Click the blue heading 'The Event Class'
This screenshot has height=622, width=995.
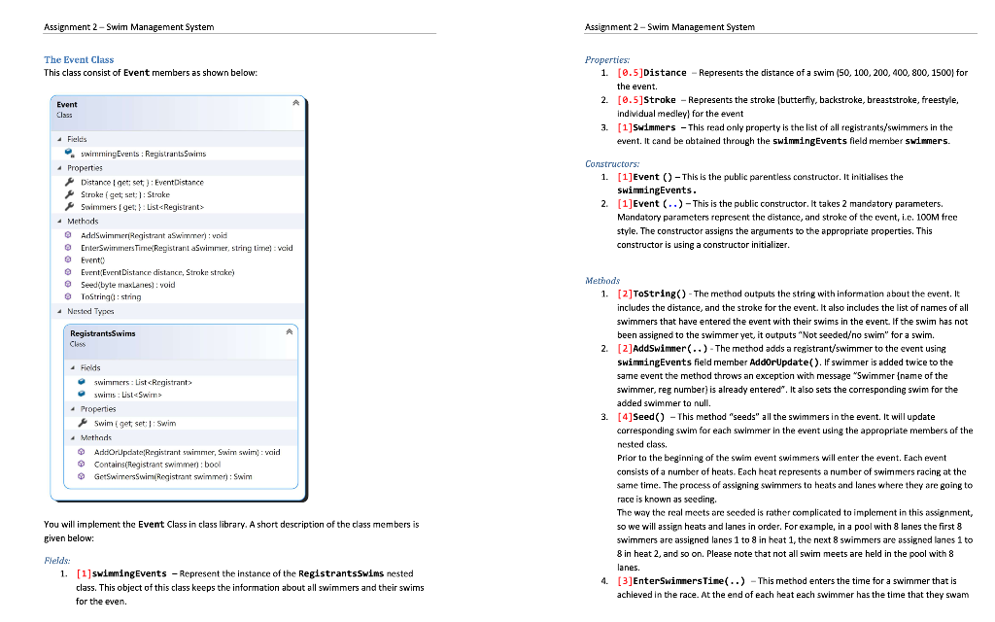click(79, 60)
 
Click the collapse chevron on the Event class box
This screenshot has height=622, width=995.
click(296, 101)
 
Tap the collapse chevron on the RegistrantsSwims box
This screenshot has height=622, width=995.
click(289, 331)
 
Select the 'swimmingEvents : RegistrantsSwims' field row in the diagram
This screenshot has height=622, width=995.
click(142, 154)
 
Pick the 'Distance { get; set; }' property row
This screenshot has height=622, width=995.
click(142, 182)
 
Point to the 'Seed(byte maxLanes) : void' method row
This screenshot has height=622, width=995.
click(127, 285)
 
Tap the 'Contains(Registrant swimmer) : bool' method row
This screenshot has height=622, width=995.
click(155, 464)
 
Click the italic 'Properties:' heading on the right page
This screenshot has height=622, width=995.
click(607, 60)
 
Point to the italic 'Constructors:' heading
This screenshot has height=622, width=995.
click(612, 164)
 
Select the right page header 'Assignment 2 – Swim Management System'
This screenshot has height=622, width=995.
click(670, 26)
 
